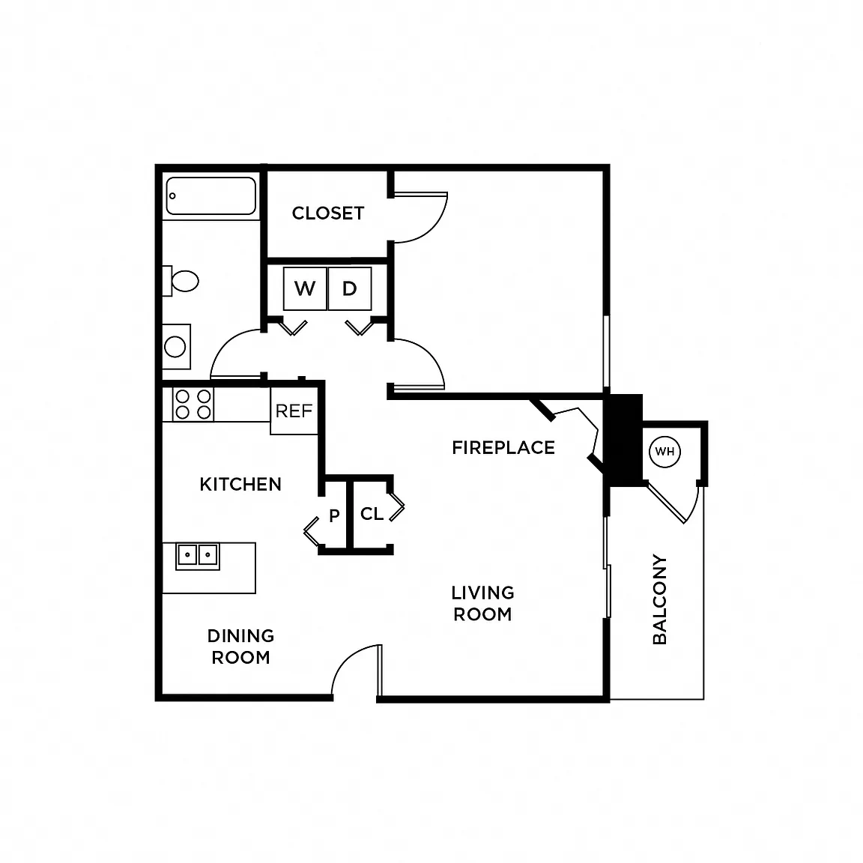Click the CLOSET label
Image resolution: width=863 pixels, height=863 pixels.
(328, 213)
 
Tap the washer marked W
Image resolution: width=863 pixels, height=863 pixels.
(306, 288)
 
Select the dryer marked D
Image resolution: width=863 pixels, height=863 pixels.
(350, 288)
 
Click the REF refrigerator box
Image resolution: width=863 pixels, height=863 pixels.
(294, 411)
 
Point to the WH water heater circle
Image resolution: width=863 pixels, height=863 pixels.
(665, 452)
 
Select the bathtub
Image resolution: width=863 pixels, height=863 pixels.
(211, 196)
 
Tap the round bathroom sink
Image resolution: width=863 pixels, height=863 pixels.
(175, 347)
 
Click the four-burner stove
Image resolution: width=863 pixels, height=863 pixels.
(193, 405)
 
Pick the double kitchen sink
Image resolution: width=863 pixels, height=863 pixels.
(198, 555)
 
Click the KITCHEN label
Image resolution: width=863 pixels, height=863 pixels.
(240, 485)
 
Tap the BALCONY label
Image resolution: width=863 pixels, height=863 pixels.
(659, 599)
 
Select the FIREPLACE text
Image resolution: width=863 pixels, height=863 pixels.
(503, 448)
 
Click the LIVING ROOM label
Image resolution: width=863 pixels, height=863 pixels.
(482, 604)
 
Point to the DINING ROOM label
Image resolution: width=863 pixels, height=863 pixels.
(241, 647)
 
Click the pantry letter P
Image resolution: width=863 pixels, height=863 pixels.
(334, 515)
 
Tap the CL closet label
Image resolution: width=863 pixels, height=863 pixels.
(372, 514)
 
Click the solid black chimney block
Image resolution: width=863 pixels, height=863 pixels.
(623, 440)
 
